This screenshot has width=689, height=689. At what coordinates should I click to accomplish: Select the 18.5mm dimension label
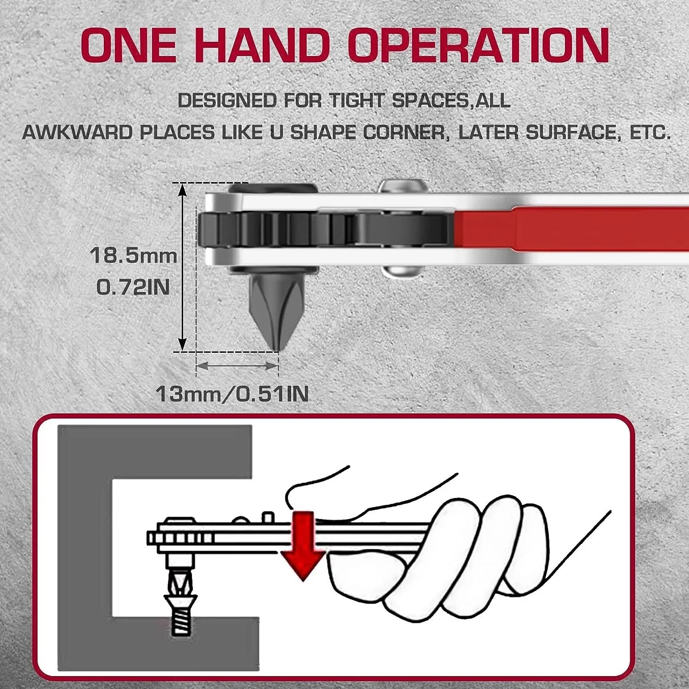(x=133, y=255)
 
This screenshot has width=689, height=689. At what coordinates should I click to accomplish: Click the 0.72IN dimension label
(x=133, y=288)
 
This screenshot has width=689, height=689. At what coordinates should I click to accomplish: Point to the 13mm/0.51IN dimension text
(x=232, y=394)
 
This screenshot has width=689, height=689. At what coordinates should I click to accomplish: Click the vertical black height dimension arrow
(x=183, y=266)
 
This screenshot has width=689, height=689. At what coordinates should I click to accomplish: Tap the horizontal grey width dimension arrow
(x=237, y=366)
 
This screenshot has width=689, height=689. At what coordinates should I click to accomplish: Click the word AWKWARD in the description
(x=77, y=133)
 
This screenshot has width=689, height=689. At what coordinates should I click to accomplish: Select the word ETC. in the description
(x=649, y=133)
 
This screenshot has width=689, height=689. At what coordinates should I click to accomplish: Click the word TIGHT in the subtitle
(x=356, y=101)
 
